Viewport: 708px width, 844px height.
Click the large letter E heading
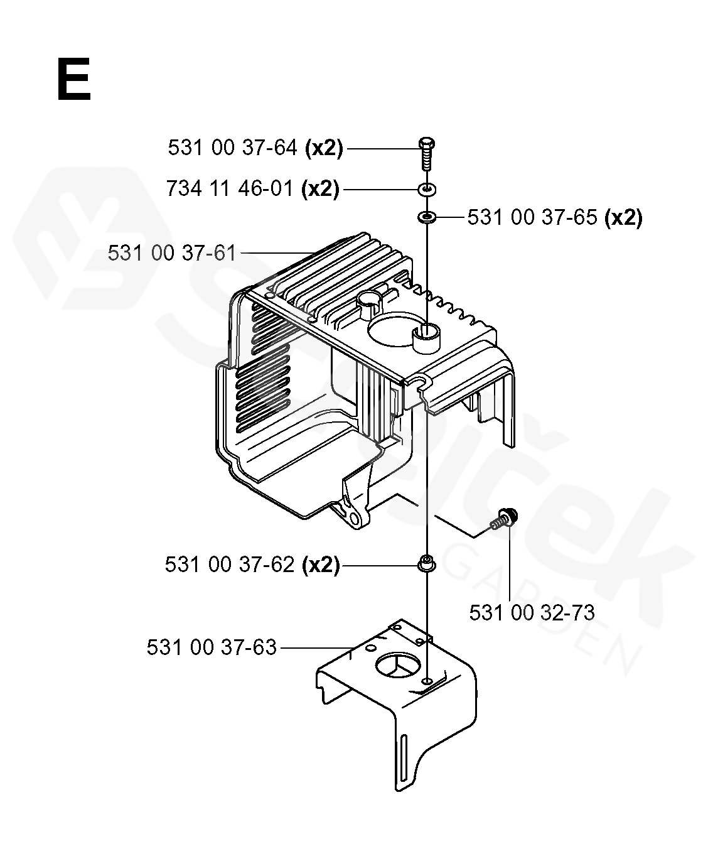pyautogui.click(x=74, y=79)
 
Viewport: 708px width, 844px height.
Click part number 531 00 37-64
pyautogui.click(x=232, y=148)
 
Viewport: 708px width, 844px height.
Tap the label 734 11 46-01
pyautogui.click(x=230, y=189)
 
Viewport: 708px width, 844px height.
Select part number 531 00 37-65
pyautogui.click(x=532, y=217)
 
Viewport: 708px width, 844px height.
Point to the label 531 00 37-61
pyautogui.click(x=172, y=254)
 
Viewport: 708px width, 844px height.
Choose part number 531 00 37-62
pyautogui.click(x=230, y=565)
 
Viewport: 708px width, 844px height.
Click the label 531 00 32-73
pyautogui.click(x=532, y=612)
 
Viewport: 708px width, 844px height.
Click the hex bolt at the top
pyautogui.click(x=427, y=154)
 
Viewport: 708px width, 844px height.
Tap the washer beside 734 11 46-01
pyautogui.click(x=427, y=189)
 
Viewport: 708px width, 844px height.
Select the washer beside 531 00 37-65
pyautogui.click(x=427, y=217)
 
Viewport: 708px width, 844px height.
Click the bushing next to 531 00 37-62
pyautogui.click(x=427, y=563)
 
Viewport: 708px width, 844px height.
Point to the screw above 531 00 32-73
pyautogui.click(x=503, y=518)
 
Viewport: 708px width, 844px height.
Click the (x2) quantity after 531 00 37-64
pyautogui.click(x=324, y=148)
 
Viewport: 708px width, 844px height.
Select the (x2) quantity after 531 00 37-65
pyautogui.click(x=623, y=218)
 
